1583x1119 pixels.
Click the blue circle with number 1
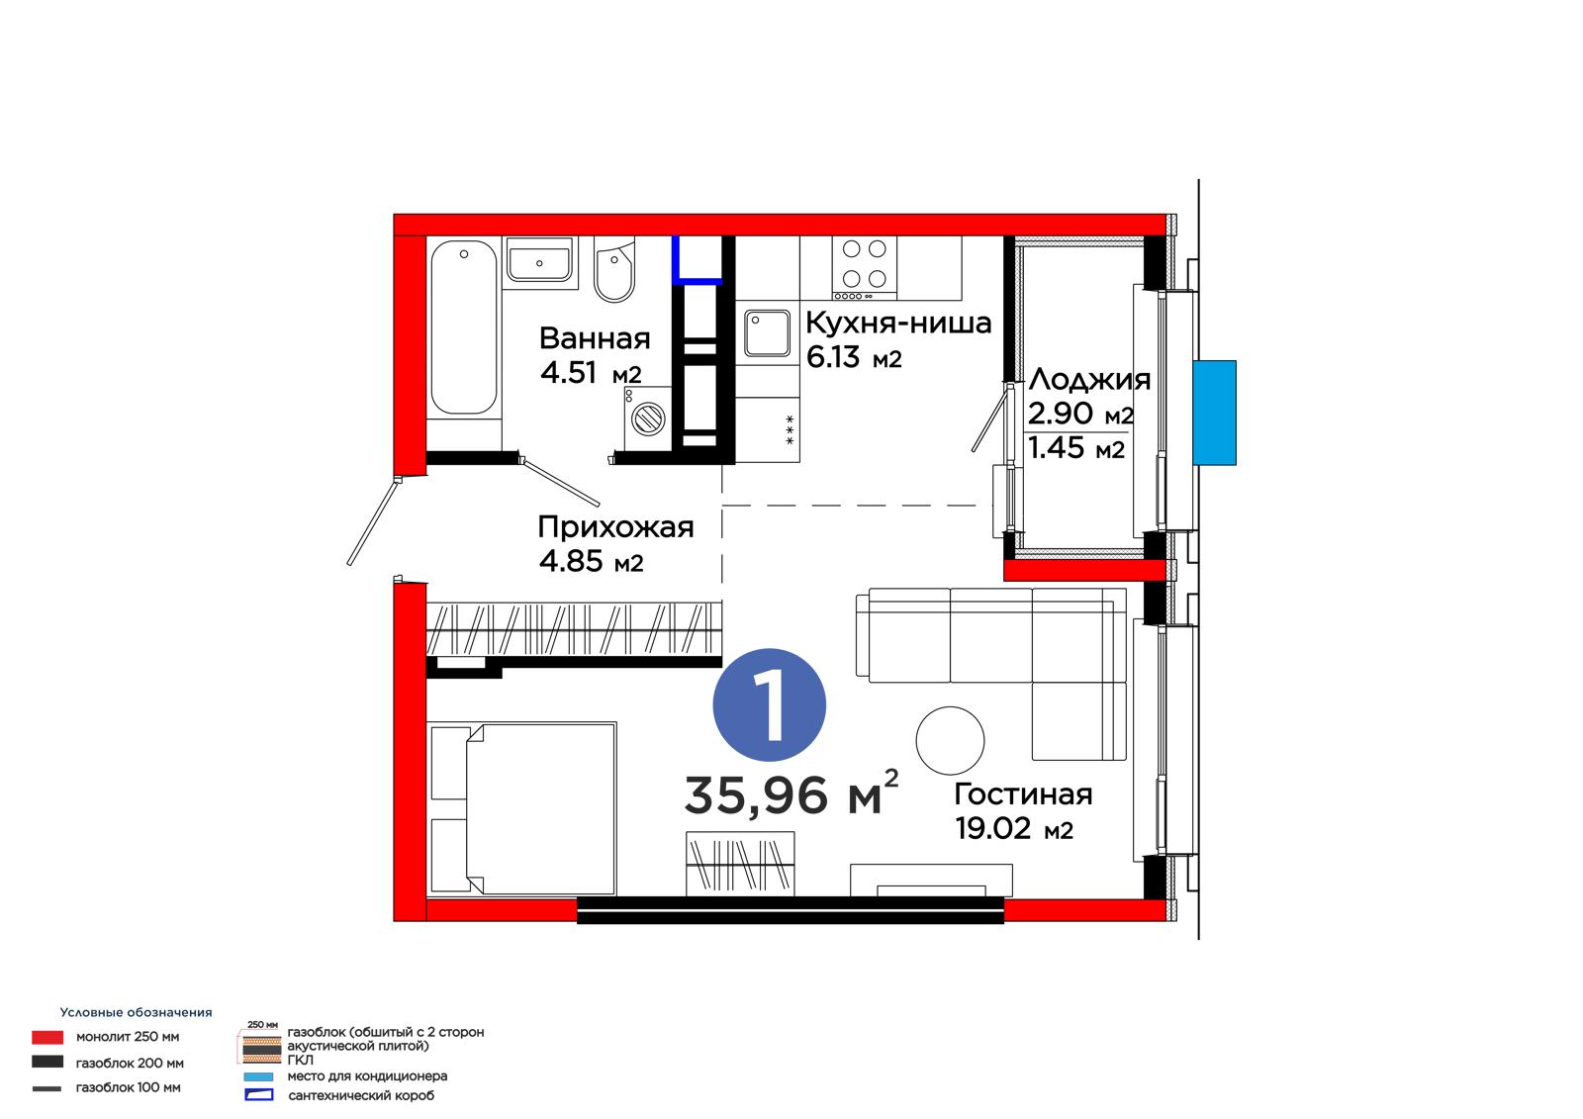pyautogui.click(x=769, y=704)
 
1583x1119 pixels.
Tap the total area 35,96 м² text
pyautogui.click(x=791, y=793)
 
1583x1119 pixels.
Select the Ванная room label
pyautogui.click(x=595, y=338)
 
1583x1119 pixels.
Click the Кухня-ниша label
pyautogui.click(x=898, y=324)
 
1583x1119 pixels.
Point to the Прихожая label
pyautogui.click(x=615, y=527)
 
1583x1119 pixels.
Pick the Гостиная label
pyautogui.click(x=1023, y=794)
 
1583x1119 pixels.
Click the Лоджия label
pyautogui.click(x=1089, y=380)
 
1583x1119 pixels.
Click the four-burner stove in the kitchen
pyautogui.click(x=865, y=268)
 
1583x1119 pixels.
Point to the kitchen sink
pyautogui.click(x=767, y=333)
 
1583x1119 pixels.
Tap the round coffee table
pyautogui.click(x=950, y=740)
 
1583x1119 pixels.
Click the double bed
pyautogui.click(x=522, y=808)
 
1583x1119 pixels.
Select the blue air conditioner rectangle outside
pyautogui.click(x=1214, y=413)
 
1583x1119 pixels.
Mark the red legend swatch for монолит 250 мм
pyautogui.click(x=47, y=1037)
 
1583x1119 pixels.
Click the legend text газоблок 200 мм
pyautogui.click(x=130, y=1063)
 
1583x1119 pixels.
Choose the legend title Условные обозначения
pyautogui.click(x=136, y=1012)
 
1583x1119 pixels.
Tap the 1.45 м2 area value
pyautogui.click(x=1075, y=448)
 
